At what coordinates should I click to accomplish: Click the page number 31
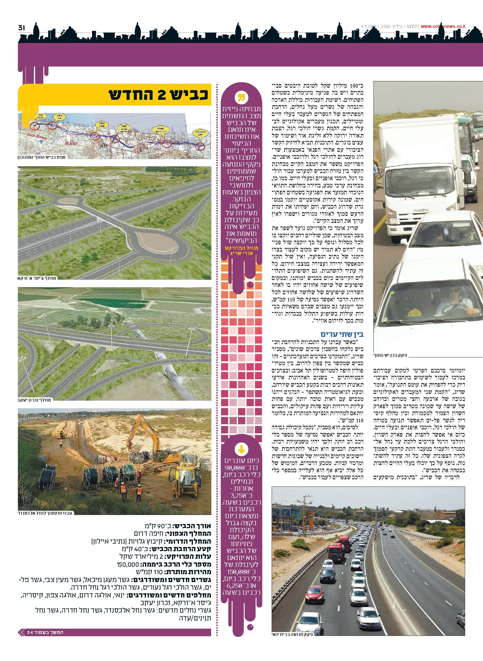(x=21, y=28)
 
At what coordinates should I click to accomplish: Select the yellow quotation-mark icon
(x=241, y=98)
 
